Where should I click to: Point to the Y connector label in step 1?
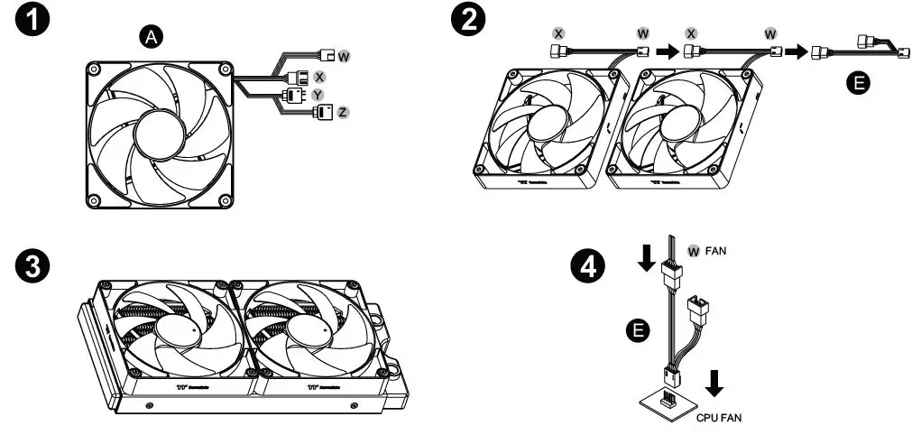(x=318, y=94)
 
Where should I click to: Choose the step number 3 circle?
(x=32, y=265)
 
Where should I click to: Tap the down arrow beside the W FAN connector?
(x=645, y=258)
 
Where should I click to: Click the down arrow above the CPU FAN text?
(x=714, y=384)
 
